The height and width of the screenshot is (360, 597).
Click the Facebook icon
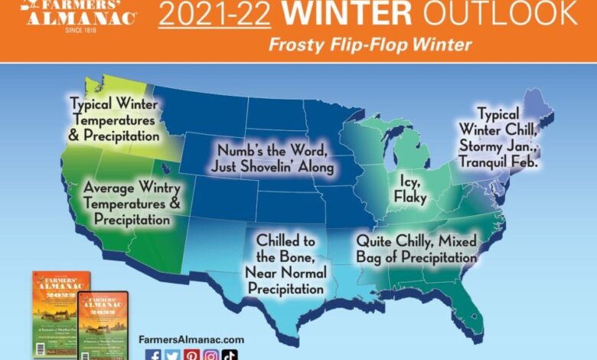[155, 353]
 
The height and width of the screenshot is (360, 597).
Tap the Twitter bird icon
[173, 353]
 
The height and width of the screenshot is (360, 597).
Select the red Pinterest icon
[191, 353]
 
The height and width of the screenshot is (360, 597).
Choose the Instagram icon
[210, 353]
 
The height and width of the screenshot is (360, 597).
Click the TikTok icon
[230, 353]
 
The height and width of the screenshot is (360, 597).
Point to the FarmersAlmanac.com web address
[191, 338]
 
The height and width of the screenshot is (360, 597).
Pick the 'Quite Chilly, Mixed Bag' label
[416, 250]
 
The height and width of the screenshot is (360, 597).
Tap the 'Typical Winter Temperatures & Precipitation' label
[114, 118]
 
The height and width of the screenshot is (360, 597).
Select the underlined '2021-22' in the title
[200, 13]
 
